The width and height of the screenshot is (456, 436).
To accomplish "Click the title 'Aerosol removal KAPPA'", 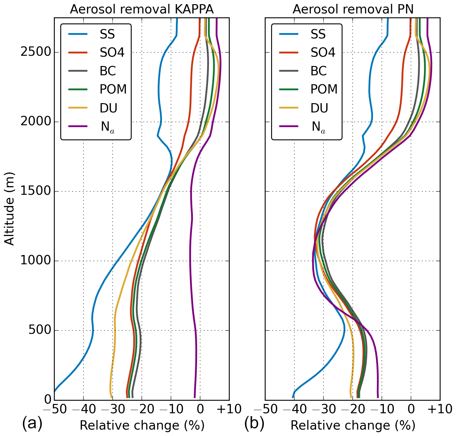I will (142, 9).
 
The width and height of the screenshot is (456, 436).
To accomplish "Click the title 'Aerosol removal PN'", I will (353, 9).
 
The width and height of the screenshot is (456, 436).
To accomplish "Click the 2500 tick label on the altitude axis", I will (35, 52).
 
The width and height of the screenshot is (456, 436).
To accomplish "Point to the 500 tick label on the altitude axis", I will (39, 330).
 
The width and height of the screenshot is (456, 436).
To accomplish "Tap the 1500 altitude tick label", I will (35, 192).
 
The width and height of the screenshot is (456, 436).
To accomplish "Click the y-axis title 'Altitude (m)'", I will (10, 209).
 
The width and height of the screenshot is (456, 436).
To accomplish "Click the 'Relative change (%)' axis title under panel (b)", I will (353, 425).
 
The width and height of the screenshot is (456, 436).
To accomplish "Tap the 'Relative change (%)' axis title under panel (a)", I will (142, 425).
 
